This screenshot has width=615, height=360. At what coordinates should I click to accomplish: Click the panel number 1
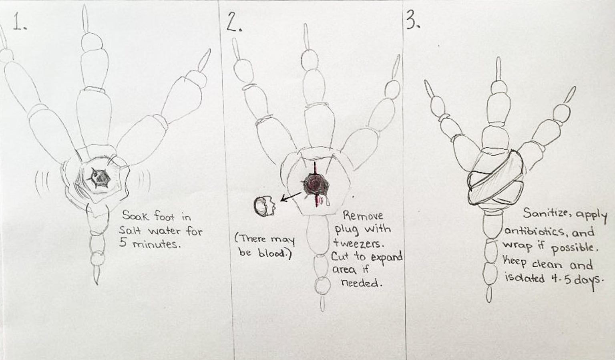coord(18,22)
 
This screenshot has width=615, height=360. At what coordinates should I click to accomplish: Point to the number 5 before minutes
coord(123,243)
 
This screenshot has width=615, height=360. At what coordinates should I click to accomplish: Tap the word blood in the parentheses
coord(273,254)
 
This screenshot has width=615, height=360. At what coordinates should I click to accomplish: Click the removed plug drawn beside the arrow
coord(263,205)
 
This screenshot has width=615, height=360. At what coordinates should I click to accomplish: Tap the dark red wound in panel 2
coord(316,184)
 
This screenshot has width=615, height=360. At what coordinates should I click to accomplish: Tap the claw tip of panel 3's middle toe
coord(498,68)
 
